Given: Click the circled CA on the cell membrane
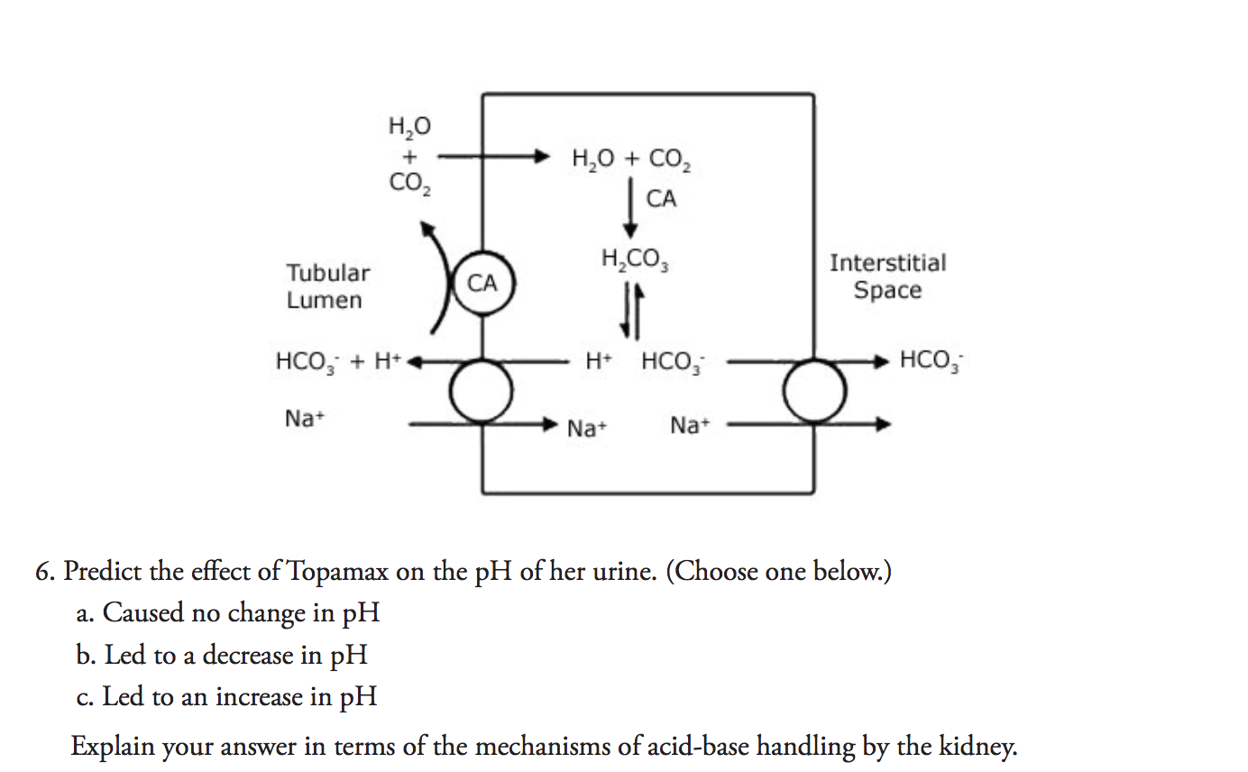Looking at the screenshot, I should (482, 283).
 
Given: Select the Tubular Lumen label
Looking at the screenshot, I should (327, 286).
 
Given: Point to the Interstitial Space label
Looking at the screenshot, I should (887, 276).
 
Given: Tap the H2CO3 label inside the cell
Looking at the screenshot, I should (635, 261).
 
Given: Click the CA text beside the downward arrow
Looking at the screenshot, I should (661, 199).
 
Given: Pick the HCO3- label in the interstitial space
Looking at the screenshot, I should (931, 361).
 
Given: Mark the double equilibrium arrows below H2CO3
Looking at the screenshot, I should (630, 310).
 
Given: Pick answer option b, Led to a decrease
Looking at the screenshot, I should (222, 655).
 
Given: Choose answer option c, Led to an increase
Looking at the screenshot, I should (226, 696).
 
